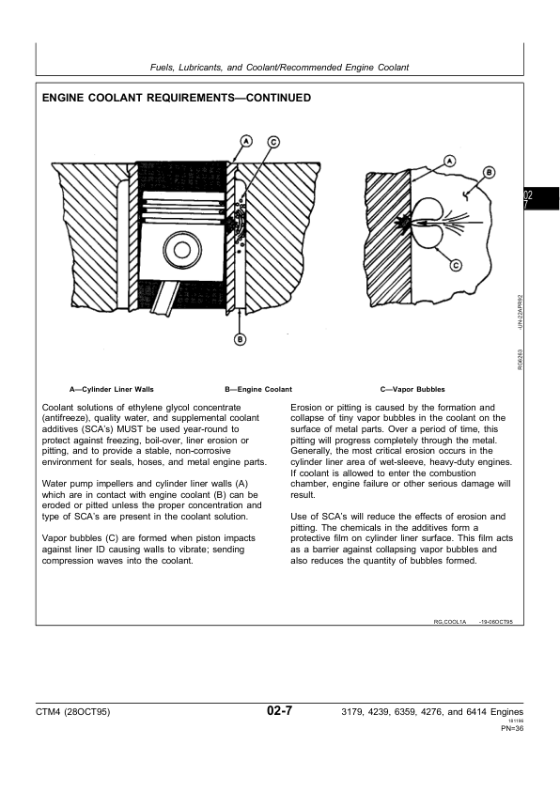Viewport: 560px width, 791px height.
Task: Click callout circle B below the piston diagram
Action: [x=240, y=339]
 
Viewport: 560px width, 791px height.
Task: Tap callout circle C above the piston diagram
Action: [x=272, y=142]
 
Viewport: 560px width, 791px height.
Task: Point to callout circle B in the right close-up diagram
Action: [x=489, y=173]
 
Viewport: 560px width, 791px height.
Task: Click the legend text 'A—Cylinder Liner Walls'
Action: [x=112, y=389]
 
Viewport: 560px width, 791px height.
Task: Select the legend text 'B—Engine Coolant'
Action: [x=258, y=389]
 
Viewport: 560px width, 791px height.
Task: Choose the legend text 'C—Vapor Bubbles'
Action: [x=412, y=389]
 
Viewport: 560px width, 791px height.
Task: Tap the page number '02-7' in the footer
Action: [x=279, y=713]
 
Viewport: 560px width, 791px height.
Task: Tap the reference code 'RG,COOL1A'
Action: [x=451, y=622]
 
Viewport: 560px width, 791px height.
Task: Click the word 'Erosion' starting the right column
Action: [x=307, y=408]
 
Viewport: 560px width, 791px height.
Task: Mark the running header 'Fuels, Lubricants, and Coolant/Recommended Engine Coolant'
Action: [x=280, y=67]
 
